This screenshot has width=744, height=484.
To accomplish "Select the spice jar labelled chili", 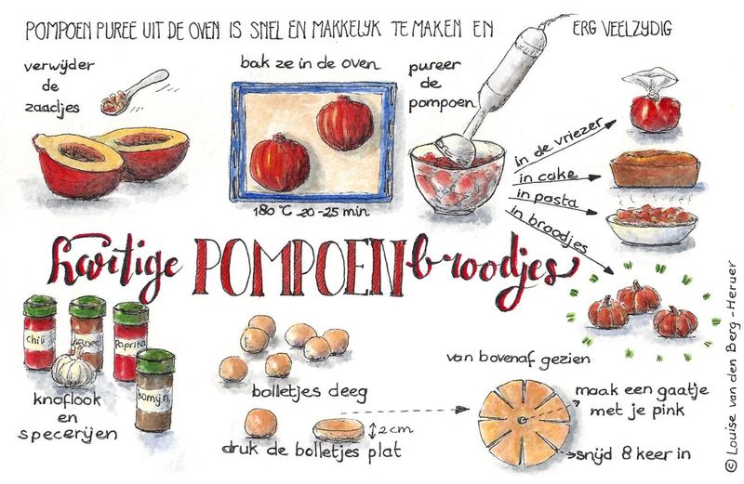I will coord(40,332).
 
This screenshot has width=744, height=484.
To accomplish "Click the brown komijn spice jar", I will coord(154,390).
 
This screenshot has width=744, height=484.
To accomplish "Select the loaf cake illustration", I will coord(654,169).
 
